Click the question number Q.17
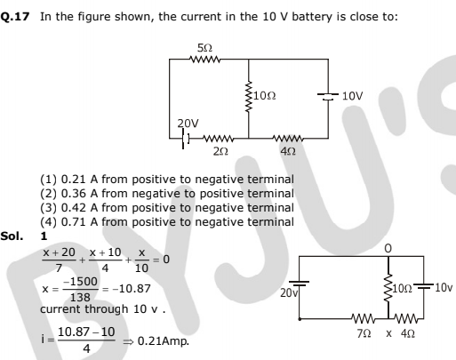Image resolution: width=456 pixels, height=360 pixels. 15,17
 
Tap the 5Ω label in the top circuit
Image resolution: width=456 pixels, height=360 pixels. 204,47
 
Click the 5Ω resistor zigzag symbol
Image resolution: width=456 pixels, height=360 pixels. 205,60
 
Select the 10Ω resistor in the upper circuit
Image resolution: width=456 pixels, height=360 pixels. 249,96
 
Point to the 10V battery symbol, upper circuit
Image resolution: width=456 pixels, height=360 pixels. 328,96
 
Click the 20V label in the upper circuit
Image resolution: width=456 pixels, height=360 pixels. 188,123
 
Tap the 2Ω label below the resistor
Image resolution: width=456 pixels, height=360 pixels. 220,151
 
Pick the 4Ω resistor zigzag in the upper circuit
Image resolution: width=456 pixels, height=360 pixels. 288,139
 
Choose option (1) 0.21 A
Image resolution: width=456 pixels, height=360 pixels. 167,180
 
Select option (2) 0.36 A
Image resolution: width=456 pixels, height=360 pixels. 167,194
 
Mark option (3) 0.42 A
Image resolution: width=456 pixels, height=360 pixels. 167,208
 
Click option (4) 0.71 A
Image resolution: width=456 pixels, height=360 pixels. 167,222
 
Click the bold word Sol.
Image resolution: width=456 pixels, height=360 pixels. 12,236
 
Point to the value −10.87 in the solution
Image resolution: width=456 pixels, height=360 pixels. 132,288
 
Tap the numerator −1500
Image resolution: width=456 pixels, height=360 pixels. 81,281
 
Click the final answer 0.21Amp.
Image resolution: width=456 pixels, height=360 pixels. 164,341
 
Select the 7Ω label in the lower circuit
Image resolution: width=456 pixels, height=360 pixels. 364,334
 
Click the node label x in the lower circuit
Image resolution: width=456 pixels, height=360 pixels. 388,334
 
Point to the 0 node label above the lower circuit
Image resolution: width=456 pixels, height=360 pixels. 388,248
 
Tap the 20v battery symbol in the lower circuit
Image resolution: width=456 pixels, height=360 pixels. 299,284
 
